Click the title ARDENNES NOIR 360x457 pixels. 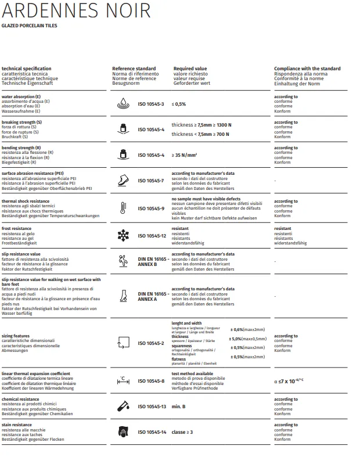pos(76,11)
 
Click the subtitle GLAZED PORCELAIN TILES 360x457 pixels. pos(30,26)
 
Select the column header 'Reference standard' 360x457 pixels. pos(134,69)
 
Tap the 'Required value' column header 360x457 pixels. pos(190,69)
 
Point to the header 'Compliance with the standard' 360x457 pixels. pos(307,69)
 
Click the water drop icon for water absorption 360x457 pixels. pos(123,104)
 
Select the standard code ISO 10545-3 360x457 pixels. pos(151,104)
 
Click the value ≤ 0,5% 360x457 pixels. pos(179,104)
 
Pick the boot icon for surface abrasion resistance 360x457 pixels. pos(123,181)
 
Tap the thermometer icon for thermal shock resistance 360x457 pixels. pos(123,208)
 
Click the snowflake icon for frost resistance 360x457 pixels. pos(123,236)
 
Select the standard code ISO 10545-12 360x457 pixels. pos(152,236)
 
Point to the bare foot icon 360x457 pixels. pos(123,296)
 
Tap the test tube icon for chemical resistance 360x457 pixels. pos(123,406)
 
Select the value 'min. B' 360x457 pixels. pos(179,406)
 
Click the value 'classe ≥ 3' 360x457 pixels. pos(182,432)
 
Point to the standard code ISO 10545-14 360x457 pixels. pos(152,432)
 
